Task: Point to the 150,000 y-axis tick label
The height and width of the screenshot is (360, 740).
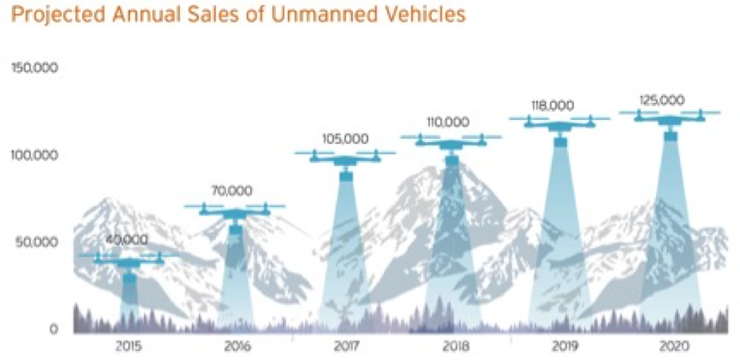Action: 34,67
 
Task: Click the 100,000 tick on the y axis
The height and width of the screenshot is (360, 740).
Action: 34,155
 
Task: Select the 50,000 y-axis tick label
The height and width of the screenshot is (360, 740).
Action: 37,242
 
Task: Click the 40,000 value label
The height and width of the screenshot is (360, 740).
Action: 127,240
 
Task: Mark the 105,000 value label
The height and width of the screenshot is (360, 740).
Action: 345,138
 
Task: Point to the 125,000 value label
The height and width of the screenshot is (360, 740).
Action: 662,99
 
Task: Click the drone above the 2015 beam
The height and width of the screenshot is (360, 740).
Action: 129,261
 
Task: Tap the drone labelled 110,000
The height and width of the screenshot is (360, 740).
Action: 451,142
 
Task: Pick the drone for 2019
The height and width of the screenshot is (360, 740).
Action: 560,124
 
